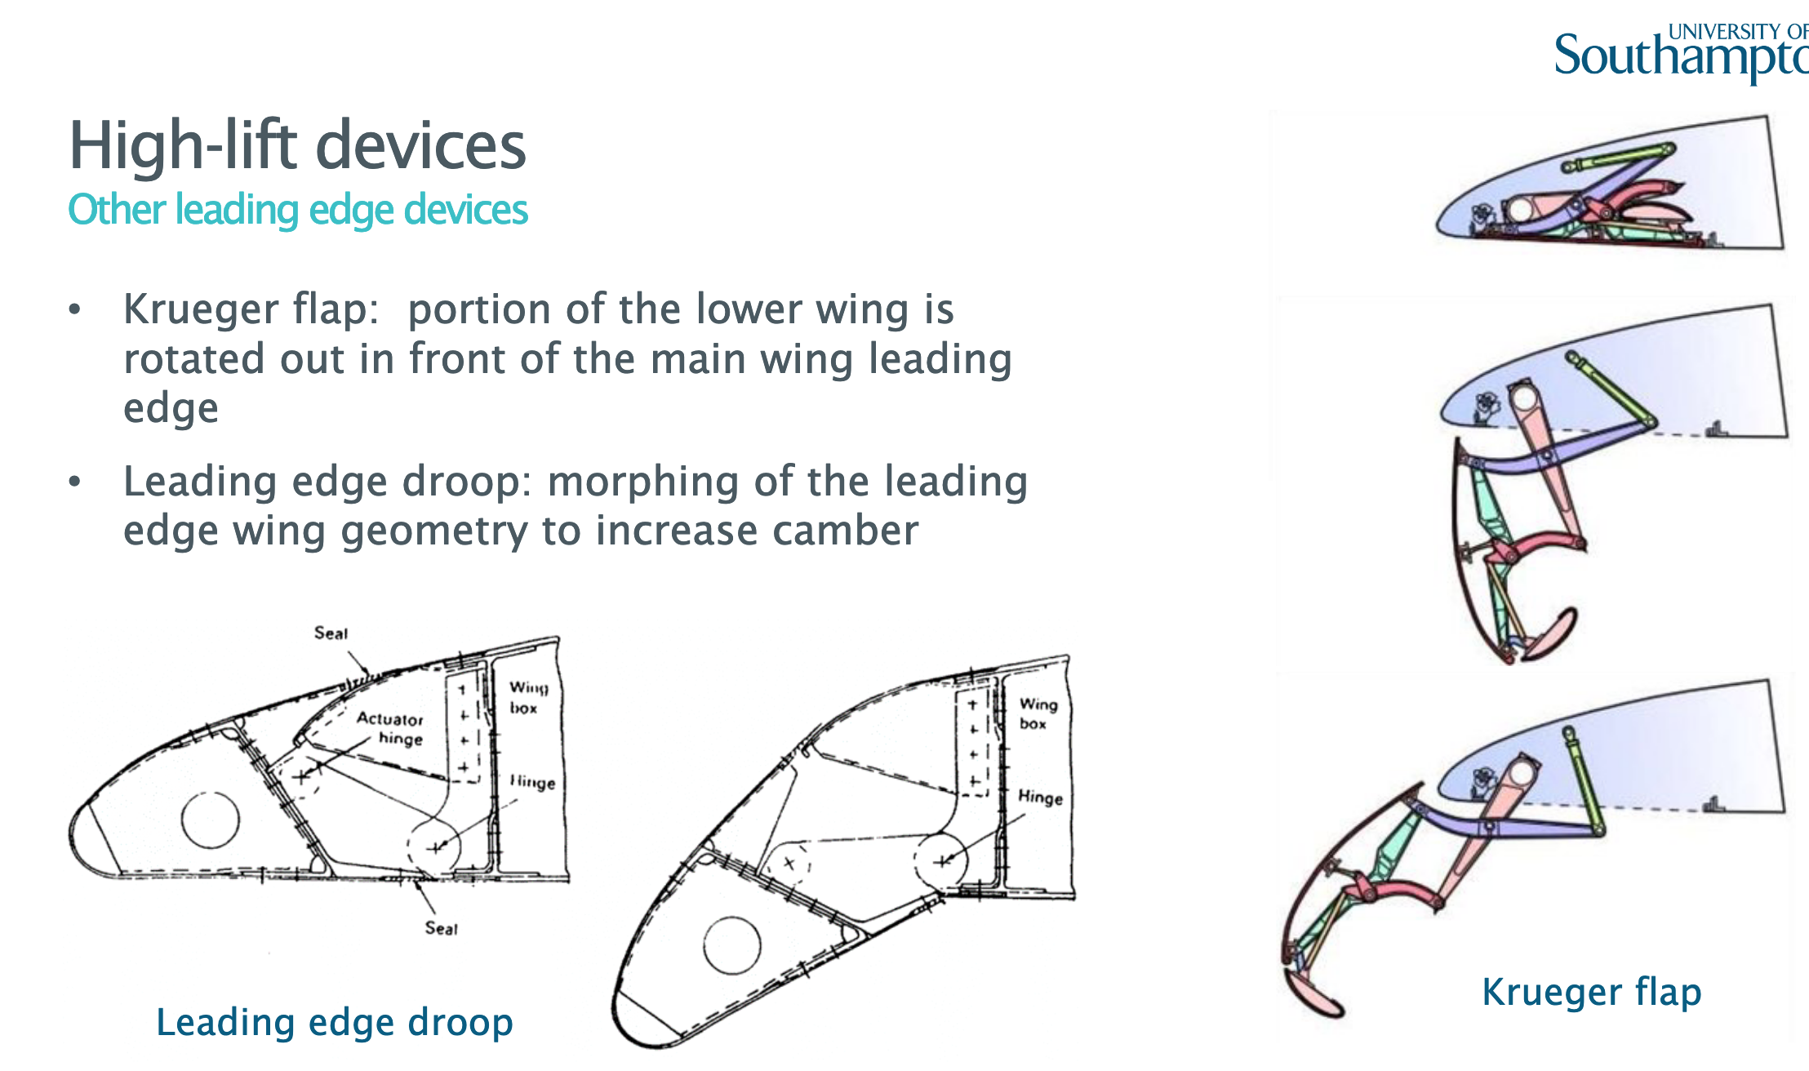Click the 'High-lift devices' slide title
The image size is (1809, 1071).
click(x=298, y=145)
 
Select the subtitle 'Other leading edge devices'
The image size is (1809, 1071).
click(x=298, y=210)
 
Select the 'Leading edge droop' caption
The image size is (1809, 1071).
click(x=335, y=1022)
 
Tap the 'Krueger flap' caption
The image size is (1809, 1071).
click(x=1592, y=993)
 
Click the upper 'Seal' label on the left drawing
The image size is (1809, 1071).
click(x=331, y=633)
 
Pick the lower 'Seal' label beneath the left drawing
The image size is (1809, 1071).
click(x=442, y=928)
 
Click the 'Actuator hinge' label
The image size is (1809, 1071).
click(x=391, y=728)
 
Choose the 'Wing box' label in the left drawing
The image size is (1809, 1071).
click(x=528, y=697)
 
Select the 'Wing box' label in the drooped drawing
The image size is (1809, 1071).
click(x=1038, y=713)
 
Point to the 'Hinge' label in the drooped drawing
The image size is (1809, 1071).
click(x=1040, y=797)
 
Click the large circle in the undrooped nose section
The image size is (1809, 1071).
click(x=211, y=820)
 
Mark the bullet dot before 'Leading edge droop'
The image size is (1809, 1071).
click(x=75, y=482)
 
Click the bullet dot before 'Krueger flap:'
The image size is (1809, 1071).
click(x=75, y=310)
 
